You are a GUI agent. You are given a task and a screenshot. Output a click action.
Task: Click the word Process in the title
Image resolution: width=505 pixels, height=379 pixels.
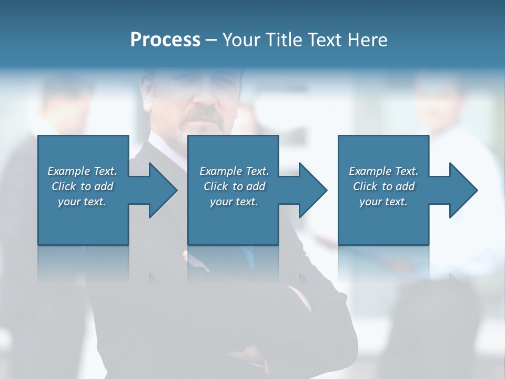165,39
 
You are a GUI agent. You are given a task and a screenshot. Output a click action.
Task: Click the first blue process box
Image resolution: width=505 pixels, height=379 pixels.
83,221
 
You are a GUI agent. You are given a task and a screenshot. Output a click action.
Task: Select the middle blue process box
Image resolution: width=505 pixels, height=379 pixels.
233,221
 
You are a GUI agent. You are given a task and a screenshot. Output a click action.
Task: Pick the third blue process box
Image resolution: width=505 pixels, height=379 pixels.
383,221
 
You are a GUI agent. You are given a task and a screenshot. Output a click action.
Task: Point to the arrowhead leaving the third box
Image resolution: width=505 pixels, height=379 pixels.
462,190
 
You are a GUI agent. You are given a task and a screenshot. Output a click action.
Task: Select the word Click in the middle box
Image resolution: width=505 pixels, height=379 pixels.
216,186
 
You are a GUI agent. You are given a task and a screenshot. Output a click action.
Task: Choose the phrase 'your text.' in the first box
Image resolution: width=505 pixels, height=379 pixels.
82,202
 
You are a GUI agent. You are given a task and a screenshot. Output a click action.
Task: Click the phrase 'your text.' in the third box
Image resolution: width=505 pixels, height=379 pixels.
383,202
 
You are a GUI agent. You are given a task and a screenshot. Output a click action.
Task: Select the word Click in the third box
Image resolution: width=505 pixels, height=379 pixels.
365,186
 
